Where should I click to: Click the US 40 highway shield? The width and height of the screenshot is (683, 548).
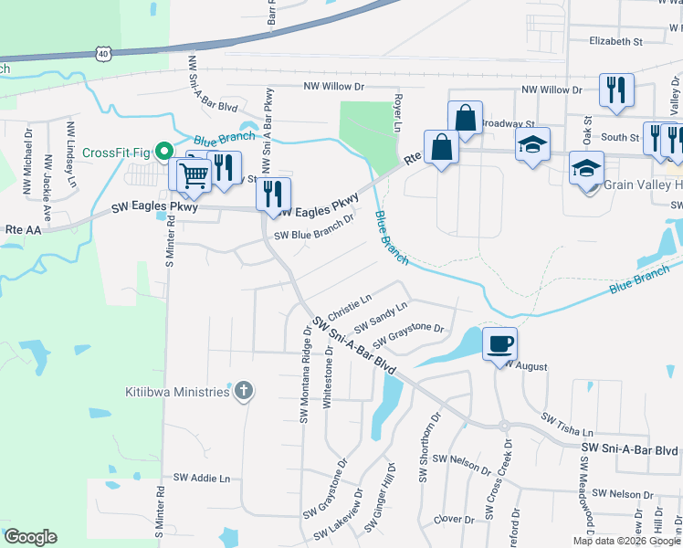[x=102, y=55]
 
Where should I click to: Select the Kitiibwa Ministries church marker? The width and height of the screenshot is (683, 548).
[x=243, y=392]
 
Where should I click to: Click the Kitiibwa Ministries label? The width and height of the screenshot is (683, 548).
[x=177, y=393]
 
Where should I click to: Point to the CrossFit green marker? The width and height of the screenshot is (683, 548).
[x=164, y=152]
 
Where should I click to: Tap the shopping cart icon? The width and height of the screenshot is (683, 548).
[x=194, y=173]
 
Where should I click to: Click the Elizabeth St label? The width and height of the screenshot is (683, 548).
[x=616, y=41]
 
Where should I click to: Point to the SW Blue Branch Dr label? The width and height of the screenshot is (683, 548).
[x=314, y=234]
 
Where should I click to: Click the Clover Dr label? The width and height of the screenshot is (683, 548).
[x=454, y=519]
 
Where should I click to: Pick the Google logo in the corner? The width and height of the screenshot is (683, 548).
[x=30, y=537]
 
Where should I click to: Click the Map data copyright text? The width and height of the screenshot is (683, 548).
[x=626, y=541]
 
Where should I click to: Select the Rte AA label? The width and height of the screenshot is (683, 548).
[x=19, y=229]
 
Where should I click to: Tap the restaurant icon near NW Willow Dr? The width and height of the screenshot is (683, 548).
[x=615, y=90]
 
